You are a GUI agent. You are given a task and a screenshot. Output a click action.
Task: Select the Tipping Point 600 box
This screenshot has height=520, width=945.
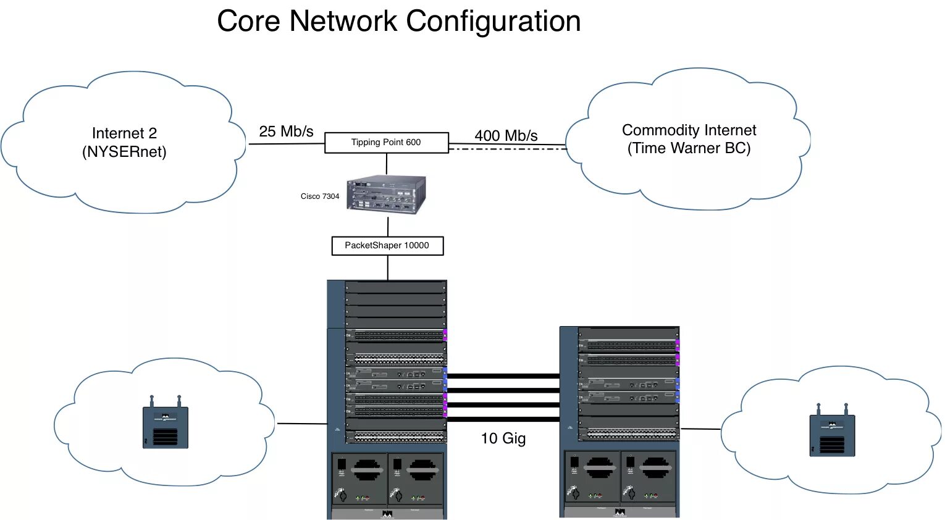pos(386,143)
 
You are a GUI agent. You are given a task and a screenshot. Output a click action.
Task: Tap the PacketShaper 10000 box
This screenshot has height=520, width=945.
pos(387,246)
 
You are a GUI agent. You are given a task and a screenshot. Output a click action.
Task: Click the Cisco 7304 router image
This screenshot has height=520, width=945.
pos(387,195)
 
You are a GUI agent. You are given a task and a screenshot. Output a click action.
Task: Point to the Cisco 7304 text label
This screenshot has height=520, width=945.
pos(320,196)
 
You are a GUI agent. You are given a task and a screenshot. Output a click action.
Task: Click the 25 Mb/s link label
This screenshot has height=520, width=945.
pos(286,132)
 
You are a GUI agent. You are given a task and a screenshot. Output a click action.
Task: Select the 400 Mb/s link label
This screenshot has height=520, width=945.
pos(506,136)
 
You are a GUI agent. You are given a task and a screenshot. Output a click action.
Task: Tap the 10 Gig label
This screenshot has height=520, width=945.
pos(503,438)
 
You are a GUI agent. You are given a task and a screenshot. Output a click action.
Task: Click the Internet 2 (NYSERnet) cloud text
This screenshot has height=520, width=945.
pos(124,143)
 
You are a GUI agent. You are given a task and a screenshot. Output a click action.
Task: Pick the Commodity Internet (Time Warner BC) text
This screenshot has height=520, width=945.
pos(689,139)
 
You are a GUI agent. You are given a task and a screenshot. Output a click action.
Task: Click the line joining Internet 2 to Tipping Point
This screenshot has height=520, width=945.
pos(287,144)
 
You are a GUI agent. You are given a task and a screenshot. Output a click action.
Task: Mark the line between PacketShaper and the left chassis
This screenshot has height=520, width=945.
pos(388,267)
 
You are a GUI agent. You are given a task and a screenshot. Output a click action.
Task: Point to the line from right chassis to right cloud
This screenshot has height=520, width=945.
pos(700,429)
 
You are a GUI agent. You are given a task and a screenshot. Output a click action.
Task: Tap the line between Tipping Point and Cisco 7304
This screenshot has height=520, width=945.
pos(387,164)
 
